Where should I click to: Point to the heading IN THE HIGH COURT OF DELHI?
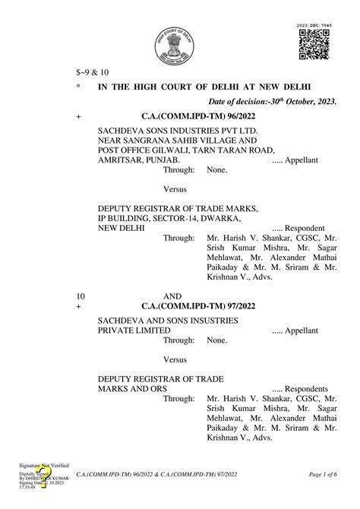[x=204, y=86]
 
